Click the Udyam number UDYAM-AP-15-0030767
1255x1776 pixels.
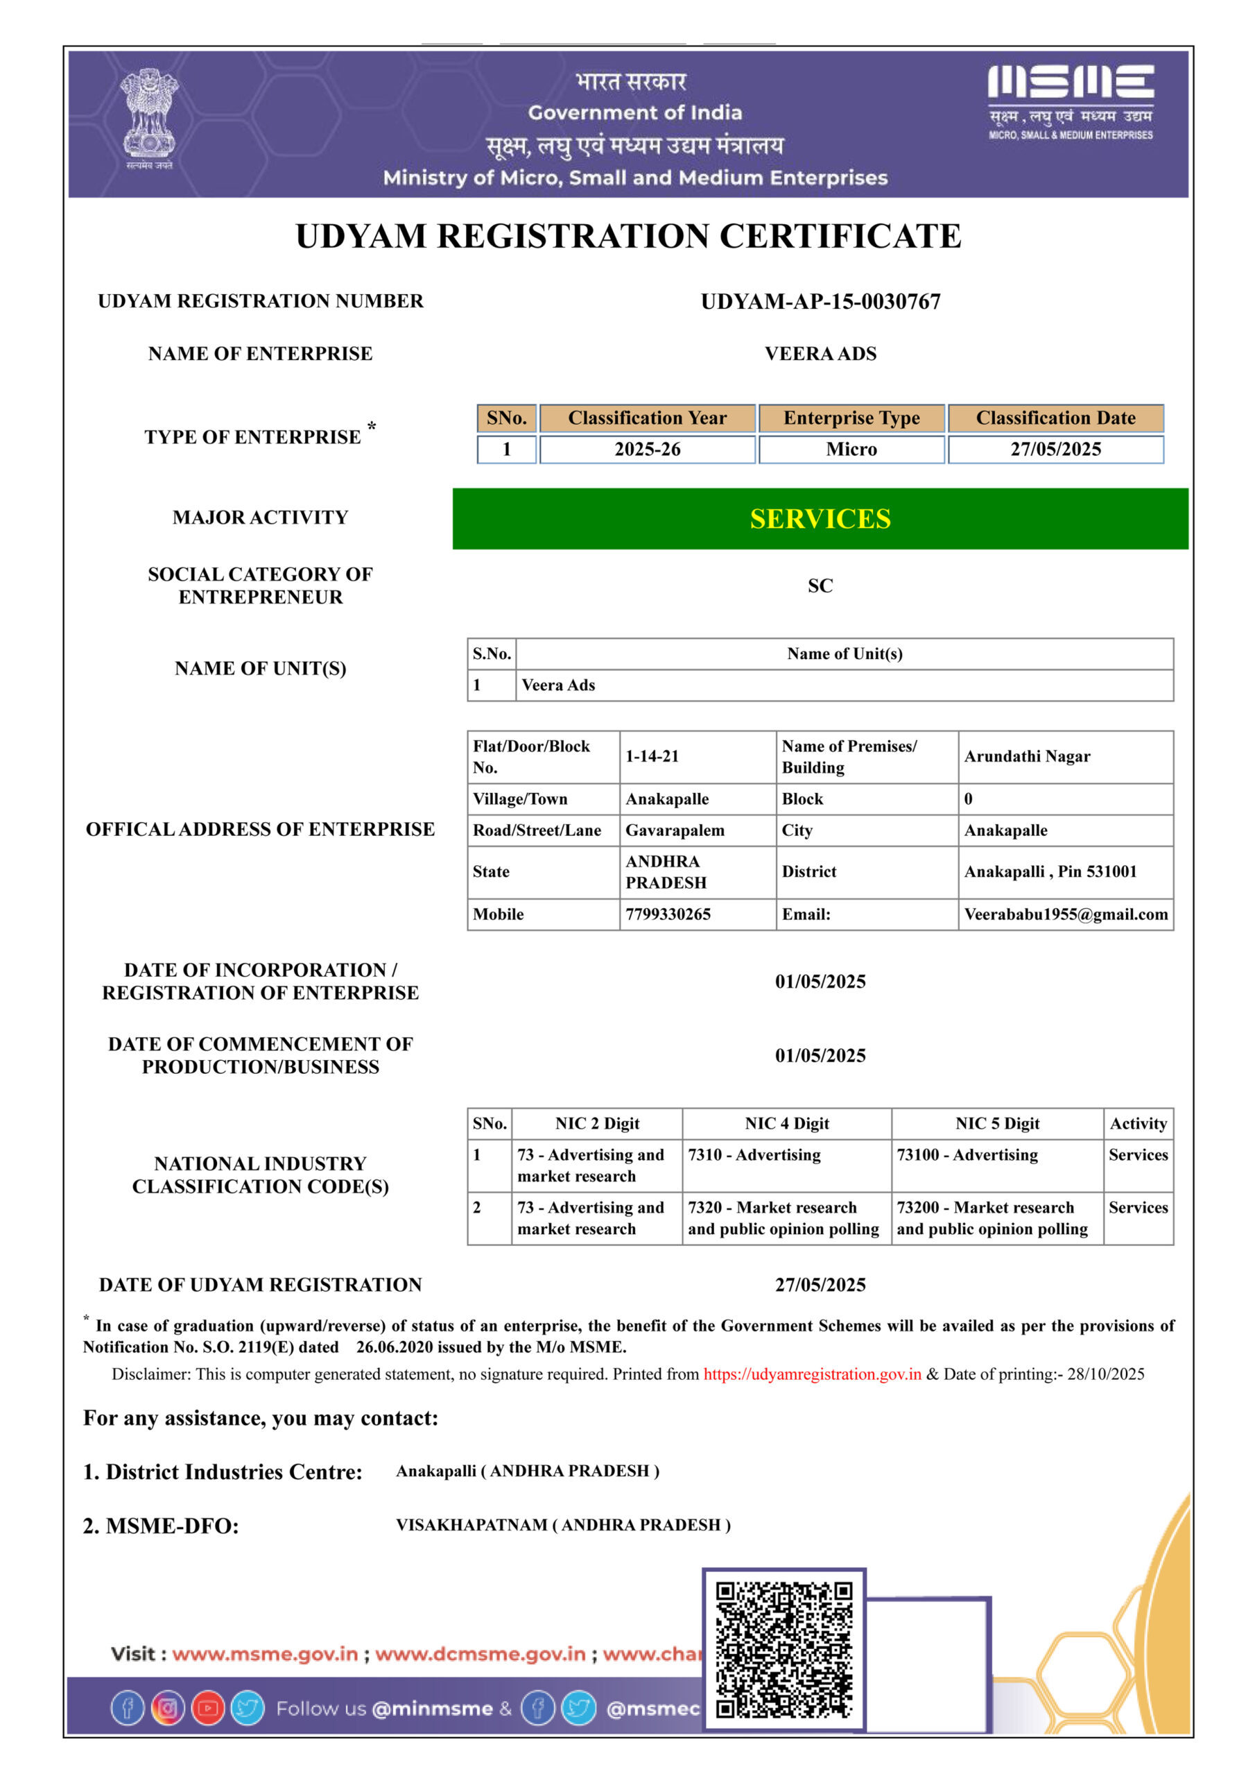[820, 302]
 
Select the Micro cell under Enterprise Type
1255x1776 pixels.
[851, 450]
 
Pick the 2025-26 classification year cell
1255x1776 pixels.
[647, 450]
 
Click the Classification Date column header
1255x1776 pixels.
[1055, 418]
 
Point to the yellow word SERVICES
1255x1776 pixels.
[820, 518]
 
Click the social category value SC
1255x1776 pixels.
[820, 586]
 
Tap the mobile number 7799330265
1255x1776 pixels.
[668, 914]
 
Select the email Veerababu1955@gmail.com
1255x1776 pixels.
[1066, 914]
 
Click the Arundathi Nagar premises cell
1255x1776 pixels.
[1027, 756]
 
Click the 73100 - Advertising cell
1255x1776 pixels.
[967, 1155]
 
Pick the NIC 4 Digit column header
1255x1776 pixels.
[786, 1123]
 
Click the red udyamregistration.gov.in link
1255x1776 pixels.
[812, 1374]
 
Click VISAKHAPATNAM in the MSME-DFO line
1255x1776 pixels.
[471, 1525]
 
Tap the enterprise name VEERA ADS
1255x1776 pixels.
[820, 354]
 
